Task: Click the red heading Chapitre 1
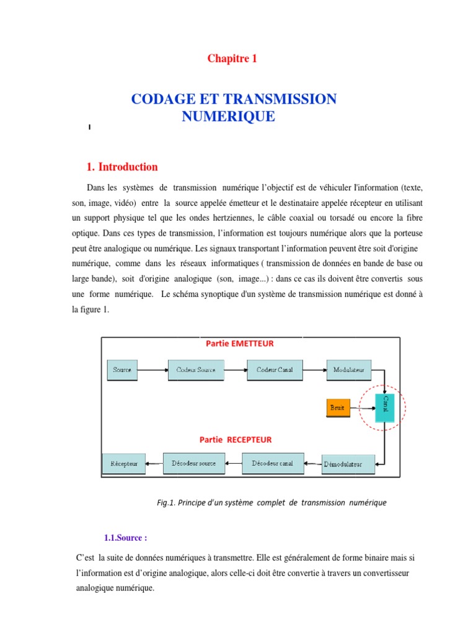[232, 59]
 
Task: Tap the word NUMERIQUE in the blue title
[229, 116]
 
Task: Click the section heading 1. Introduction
[122, 167]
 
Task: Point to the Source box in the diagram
[122, 370]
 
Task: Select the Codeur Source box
[196, 370]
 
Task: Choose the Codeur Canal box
[275, 370]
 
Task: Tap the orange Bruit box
[338, 408]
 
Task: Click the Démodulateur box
[349, 464]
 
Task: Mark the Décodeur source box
[194, 463]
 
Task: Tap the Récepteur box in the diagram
[124, 464]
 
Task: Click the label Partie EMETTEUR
[239, 344]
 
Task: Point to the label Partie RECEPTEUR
[236, 440]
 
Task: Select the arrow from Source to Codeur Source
[152, 371]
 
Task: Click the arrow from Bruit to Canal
[363, 408]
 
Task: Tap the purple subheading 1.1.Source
[125, 537]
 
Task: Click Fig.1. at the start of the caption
[165, 503]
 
